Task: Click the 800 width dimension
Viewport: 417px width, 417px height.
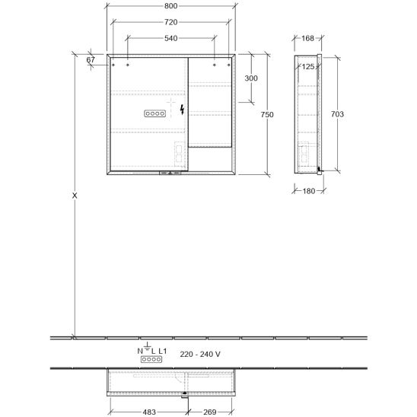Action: (x=170, y=6)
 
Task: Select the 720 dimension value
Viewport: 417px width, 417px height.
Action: (x=170, y=22)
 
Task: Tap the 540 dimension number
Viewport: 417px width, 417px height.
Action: (x=170, y=38)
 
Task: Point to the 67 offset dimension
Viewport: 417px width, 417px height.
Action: (x=91, y=60)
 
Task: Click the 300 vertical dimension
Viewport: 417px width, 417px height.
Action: (x=251, y=78)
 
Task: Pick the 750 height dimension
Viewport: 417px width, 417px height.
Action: (x=267, y=115)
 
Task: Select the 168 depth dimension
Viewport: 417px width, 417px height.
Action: (x=307, y=38)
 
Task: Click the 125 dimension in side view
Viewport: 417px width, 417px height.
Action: (x=308, y=66)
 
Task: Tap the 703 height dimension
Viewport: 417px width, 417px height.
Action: (x=337, y=114)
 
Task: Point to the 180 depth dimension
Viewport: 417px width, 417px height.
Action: (x=309, y=191)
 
